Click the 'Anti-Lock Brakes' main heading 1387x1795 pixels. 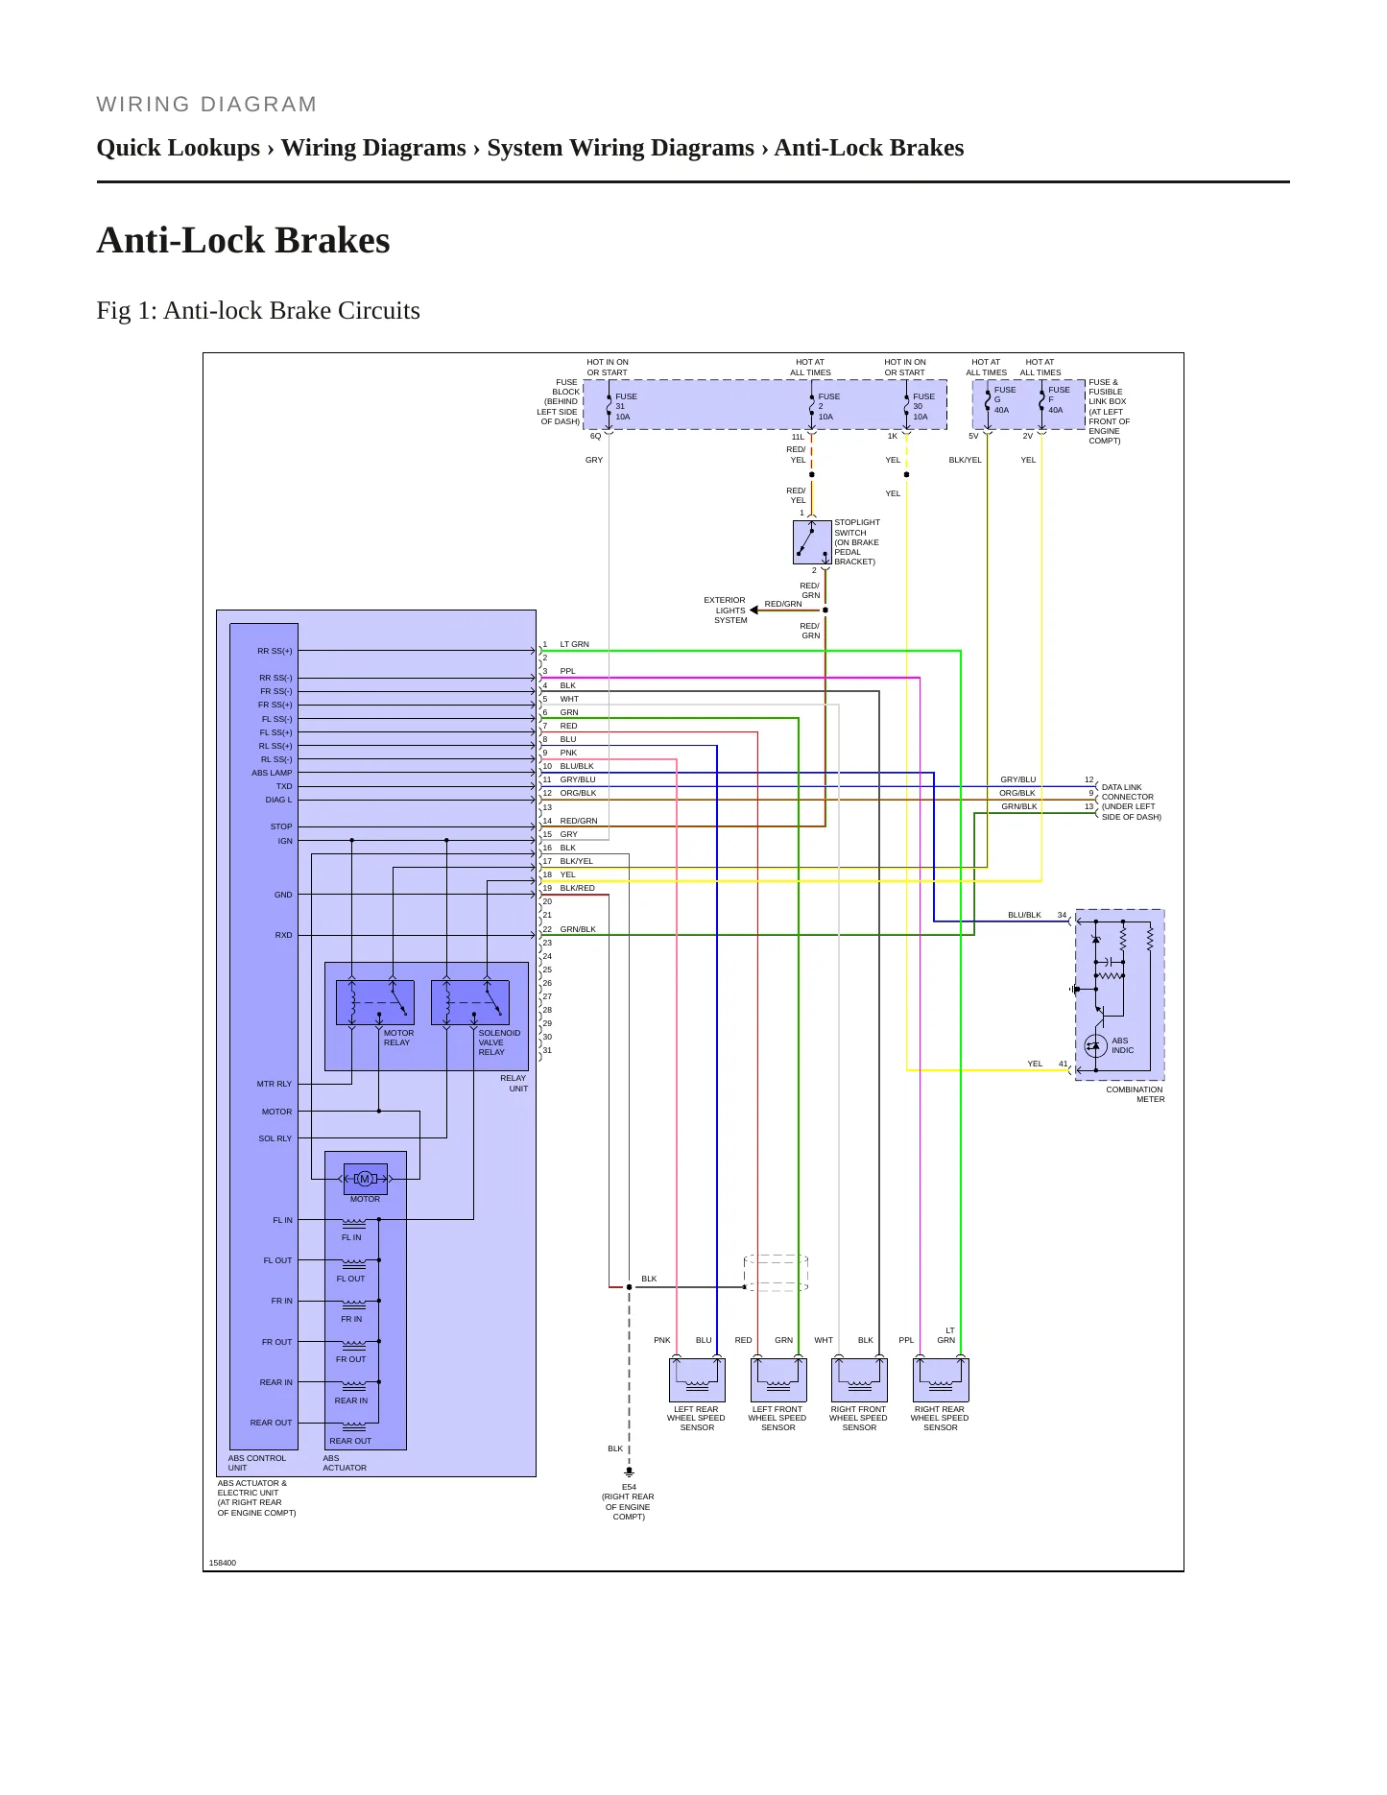click(243, 240)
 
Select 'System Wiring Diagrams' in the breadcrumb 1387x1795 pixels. click(620, 148)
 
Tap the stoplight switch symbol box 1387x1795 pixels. click(812, 542)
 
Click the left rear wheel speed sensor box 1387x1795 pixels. click(697, 1380)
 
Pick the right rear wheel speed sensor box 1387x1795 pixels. click(941, 1380)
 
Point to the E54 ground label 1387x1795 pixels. click(629, 1487)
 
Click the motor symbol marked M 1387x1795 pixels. click(365, 1179)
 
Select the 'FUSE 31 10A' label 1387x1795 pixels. click(625, 406)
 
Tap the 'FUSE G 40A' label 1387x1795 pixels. click(1004, 399)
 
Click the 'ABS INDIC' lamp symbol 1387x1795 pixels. click(1095, 1046)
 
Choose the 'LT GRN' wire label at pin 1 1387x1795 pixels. click(574, 644)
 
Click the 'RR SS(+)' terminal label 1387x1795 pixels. click(275, 651)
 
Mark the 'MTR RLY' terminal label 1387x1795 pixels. click(274, 1084)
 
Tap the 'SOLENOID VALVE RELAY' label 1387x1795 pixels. click(499, 1042)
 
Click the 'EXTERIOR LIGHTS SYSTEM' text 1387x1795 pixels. click(726, 610)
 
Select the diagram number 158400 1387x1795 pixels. click(223, 1563)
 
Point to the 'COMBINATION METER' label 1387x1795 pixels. click(1135, 1094)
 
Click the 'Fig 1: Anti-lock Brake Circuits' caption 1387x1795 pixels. click(258, 311)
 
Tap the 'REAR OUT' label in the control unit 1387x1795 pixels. click(271, 1423)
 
